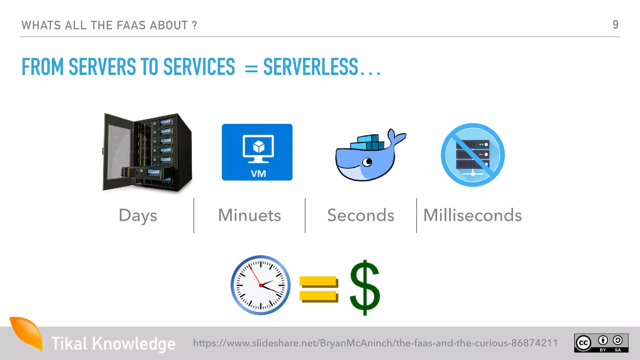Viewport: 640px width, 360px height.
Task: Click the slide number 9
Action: pyautogui.click(x=615, y=24)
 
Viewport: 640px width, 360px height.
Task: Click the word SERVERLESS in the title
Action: pyautogui.click(x=311, y=67)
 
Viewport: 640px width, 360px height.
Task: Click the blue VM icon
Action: pyautogui.click(x=257, y=152)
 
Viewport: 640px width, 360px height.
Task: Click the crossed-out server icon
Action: pyautogui.click(x=472, y=155)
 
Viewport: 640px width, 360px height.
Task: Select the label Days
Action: pyautogui.click(x=138, y=216)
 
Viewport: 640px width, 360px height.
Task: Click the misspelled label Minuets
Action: pyautogui.click(x=249, y=215)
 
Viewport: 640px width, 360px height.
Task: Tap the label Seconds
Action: pyautogui.click(x=361, y=215)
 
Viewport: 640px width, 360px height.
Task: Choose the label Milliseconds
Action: pyautogui.click(x=472, y=215)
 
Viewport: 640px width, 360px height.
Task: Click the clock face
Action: pyautogui.click(x=260, y=285)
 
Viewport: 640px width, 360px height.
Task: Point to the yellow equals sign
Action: pyautogui.click(x=318, y=289)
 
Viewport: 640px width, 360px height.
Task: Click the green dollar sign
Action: pyautogui.click(x=365, y=287)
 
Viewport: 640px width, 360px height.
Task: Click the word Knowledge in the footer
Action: pyautogui.click(x=133, y=344)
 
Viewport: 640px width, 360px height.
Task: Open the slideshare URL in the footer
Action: pyautogui.click(x=375, y=343)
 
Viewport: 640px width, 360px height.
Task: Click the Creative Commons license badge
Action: pyautogui.click(x=601, y=343)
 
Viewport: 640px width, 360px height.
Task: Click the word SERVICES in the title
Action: pyautogui.click(x=199, y=67)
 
